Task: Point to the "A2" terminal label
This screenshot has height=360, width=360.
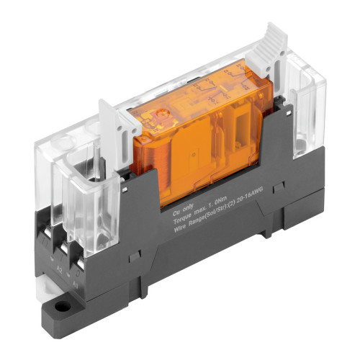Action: click(62, 264)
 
